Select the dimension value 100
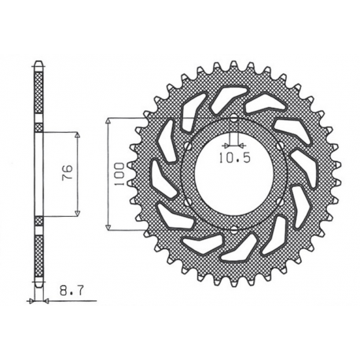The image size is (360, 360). (x=117, y=174)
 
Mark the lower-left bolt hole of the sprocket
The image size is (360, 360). (x=187, y=203)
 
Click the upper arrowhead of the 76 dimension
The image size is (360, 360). (x=79, y=135)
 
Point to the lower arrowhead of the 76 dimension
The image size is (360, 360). (x=79, y=213)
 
